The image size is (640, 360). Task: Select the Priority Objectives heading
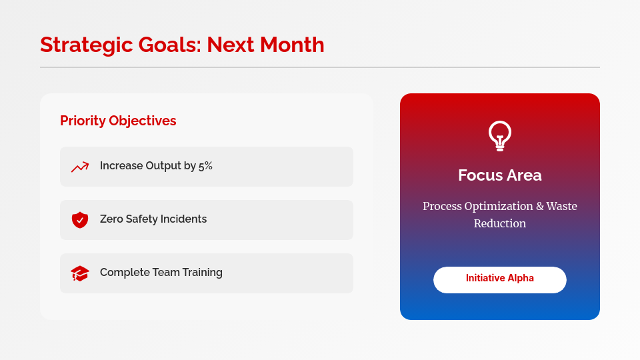(x=118, y=121)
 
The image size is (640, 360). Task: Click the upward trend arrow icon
(x=80, y=167)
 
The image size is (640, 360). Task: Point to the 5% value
(x=205, y=166)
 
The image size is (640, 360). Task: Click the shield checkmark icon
(x=80, y=220)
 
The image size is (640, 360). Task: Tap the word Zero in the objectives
(x=113, y=219)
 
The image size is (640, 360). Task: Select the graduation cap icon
(x=80, y=273)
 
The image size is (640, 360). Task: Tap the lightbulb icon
(x=500, y=136)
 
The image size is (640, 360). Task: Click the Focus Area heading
(x=500, y=175)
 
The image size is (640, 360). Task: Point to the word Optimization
(x=498, y=207)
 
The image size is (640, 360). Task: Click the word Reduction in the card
(x=500, y=224)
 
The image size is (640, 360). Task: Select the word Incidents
(x=181, y=219)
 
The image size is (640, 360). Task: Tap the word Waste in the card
(x=561, y=207)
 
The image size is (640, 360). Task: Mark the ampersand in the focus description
(x=538, y=207)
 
